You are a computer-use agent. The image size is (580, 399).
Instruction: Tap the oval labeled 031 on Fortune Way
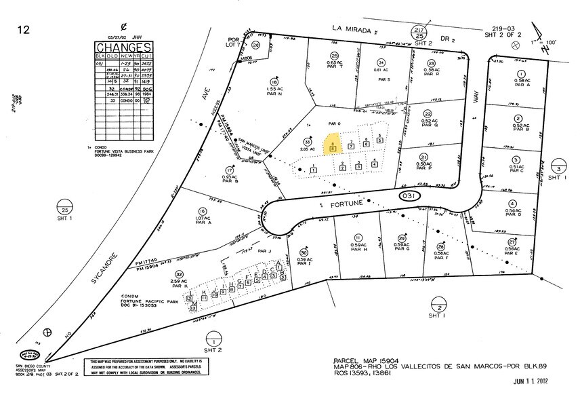(407, 195)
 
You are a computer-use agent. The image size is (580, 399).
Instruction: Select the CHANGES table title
(123, 47)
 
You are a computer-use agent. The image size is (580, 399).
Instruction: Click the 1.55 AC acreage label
(274, 88)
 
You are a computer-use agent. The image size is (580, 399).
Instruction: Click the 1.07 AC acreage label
(201, 218)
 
